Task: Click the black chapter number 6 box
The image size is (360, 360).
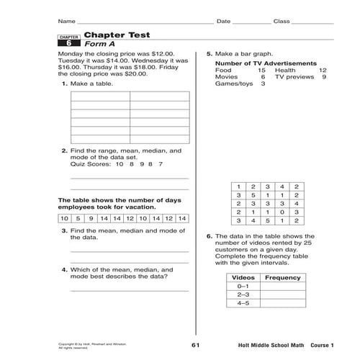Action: click(x=68, y=44)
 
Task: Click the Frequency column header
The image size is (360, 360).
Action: click(x=283, y=276)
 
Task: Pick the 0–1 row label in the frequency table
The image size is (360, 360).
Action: click(x=242, y=286)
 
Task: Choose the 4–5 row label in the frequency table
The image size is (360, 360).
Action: click(x=242, y=303)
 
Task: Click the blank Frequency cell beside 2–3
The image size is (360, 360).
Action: click(x=283, y=294)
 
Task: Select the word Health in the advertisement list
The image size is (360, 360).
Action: click(x=285, y=71)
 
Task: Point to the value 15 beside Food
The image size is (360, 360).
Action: click(x=262, y=71)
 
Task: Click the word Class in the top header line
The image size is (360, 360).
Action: click(x=282, y=21)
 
